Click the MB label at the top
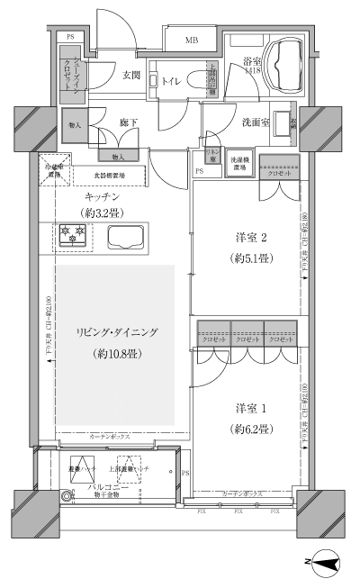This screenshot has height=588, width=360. (193, 40)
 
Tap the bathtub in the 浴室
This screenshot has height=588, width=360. (288, 65)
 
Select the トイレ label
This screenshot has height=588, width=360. (170, 81)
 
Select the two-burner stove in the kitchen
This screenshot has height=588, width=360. (71, 236)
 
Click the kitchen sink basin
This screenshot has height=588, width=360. (126, 237)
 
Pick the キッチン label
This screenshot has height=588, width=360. (103, 195)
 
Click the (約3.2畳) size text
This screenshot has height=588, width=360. (101, 213)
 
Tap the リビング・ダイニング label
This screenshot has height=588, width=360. (117, 333)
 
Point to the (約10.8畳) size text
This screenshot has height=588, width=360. (116, 352)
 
